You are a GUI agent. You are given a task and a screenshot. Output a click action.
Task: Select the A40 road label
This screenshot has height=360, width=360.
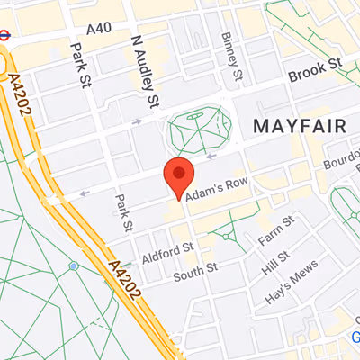(x=100, y=28)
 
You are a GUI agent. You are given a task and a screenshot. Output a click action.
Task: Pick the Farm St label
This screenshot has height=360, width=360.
(x=275, y=230)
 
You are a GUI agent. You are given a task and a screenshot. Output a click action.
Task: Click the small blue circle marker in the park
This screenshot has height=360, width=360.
(x=73, y=265)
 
